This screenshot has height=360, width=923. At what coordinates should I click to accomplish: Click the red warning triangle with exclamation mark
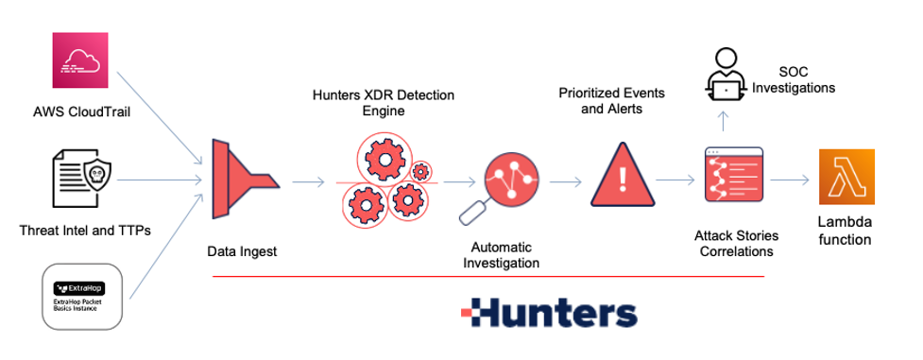621,175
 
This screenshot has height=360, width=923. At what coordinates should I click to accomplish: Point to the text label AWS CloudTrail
80,114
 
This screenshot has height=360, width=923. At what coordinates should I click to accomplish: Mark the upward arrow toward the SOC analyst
724,121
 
